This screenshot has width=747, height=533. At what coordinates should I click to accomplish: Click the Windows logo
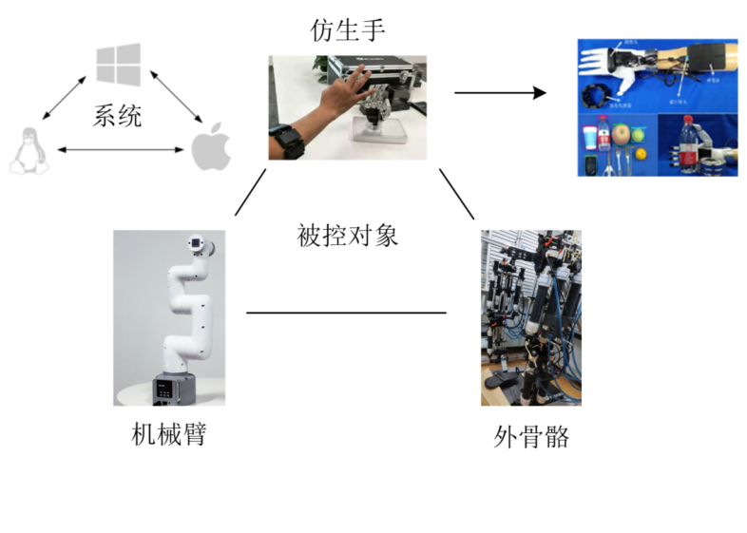pyautogui.click(x=118, y=63)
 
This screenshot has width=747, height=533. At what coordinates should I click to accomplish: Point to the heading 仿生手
pyautogui.click(x=348, y=30)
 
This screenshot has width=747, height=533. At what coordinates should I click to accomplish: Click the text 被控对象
pyautogui.click(x=347, y=234)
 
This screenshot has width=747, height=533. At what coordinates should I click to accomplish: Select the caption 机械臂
pyautogui.click(x=168, y=434)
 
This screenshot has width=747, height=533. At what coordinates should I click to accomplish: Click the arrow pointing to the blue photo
pyautogui.click(x=500, y=93)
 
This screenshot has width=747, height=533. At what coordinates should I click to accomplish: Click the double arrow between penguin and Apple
pyautogui.click(x=117, y=150)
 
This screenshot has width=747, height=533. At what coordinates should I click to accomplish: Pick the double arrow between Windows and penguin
pyautogui.click(x=64, y=98)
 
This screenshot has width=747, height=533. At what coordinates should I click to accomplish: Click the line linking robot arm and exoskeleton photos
pyautogui.click(x=346, y=313)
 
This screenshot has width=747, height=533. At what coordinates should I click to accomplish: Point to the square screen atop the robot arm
pyautogui.click(x=197, y=242)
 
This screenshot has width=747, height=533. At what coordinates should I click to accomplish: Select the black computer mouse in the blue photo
pyautogui.click(x=591, y=167)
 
